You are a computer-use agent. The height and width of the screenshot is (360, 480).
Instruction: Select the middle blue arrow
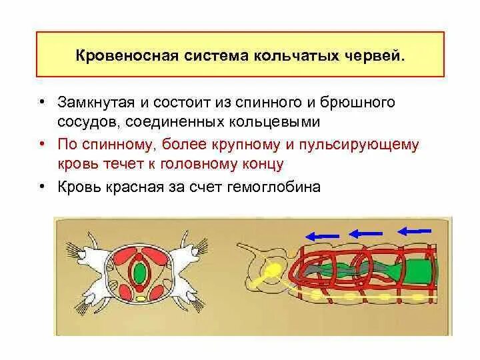tap(365, 233)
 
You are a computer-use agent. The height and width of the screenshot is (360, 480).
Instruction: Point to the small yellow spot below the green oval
tap(139, 298)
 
